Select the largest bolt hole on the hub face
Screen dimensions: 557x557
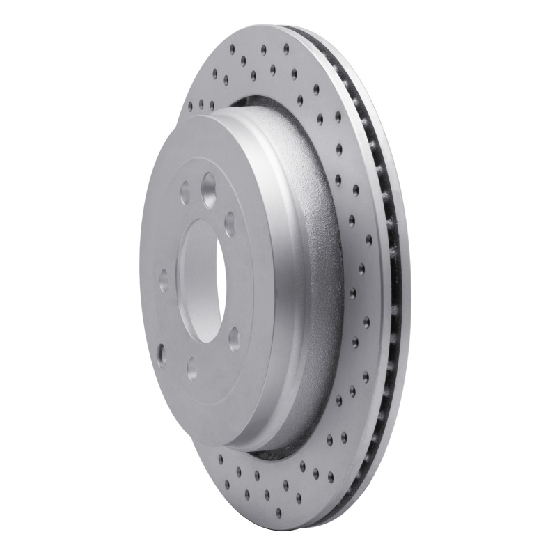(209, 186)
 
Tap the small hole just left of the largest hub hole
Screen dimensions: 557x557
(185, 193)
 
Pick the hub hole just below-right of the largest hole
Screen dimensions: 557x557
(230, 224)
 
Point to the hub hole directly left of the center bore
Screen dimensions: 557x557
(164, 281)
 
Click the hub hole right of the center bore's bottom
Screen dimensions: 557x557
(234, 338)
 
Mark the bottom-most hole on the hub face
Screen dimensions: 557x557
(191, 368)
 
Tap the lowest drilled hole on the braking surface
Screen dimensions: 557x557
(278, 514)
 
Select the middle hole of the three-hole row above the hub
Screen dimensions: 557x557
(201, 105)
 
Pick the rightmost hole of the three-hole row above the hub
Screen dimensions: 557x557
(212, 105)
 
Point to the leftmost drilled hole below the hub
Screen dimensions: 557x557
(220, 459)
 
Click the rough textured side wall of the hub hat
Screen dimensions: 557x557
(313, 278)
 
